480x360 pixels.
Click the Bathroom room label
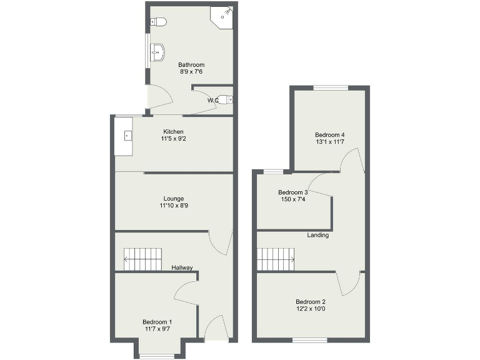coord(191,65)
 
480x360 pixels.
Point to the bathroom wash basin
coord(157,52)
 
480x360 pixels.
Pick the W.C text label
coord(213,100)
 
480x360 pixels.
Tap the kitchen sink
coord(127,134)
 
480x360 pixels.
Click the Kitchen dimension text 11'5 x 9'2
coord(173,139)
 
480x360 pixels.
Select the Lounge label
coord(173,199)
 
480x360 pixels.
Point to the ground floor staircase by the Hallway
coord(142,259)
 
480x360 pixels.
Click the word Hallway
coord(182,268)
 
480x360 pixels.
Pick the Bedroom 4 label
coord(329,135)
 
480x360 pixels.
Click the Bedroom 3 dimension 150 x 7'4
coord(292,199)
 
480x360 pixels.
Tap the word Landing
coord(317,236)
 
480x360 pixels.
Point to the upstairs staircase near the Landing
coord(276,259)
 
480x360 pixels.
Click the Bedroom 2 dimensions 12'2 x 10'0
coord(311,308)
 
